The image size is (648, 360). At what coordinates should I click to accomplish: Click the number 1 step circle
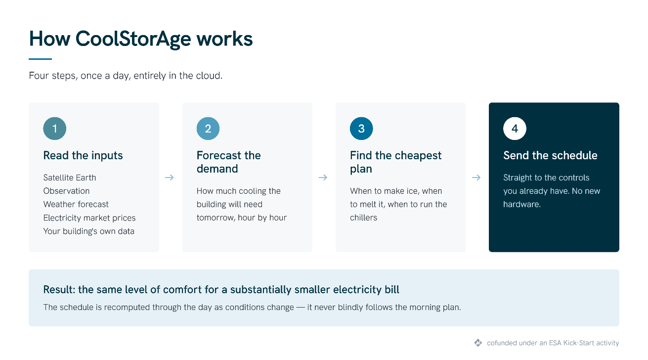(x=55, y=129)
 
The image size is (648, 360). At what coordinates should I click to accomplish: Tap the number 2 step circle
(x=208, y=129)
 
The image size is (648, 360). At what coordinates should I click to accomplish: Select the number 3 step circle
(x=361, y=129)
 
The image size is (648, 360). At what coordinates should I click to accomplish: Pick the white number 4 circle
(x=515, y=129)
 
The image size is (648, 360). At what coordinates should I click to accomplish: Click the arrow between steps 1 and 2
(x=170, y=178)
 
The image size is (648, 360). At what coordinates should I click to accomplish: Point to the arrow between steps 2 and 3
(x=323, y=178)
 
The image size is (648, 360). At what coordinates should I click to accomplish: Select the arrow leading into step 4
(x=476, y=178)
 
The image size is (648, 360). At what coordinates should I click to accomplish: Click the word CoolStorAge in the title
(x=133, y=39)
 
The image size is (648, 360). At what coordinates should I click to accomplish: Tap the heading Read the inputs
(x=83, y=156)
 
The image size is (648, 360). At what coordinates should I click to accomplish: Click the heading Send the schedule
(x=550, y=156)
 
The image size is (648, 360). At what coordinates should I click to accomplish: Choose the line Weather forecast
(x=76, y=204)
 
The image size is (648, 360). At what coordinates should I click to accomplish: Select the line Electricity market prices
(x=89, y=218)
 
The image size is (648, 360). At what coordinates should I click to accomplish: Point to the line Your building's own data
(x=89, y=231)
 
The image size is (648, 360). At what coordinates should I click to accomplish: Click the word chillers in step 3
(x=364, y=218)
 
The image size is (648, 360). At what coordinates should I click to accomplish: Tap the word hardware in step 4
(x=521, y=204)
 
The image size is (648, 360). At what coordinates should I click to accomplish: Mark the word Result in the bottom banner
(x=59, y=290)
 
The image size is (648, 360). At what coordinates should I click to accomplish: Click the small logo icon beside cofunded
(x=478, y=343)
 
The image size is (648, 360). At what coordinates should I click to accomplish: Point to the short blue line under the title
(x=40, y=59)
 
